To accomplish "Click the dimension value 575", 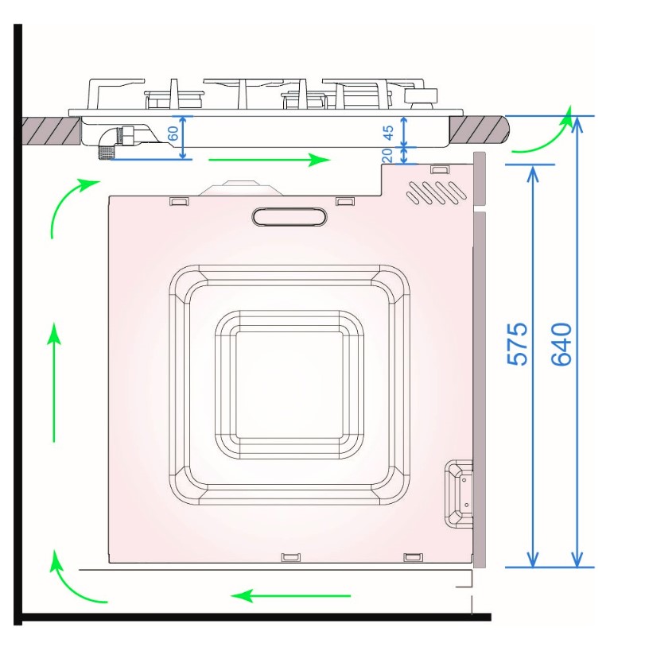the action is point(517,344).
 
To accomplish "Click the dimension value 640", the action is point(561,344).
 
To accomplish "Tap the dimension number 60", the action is point(173,134).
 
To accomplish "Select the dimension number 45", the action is point(388,133).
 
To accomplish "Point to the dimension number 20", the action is point(387,155).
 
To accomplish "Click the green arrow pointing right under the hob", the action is point(270,160).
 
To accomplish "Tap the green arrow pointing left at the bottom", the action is point(291,595).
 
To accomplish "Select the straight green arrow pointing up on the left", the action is point(53,382).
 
